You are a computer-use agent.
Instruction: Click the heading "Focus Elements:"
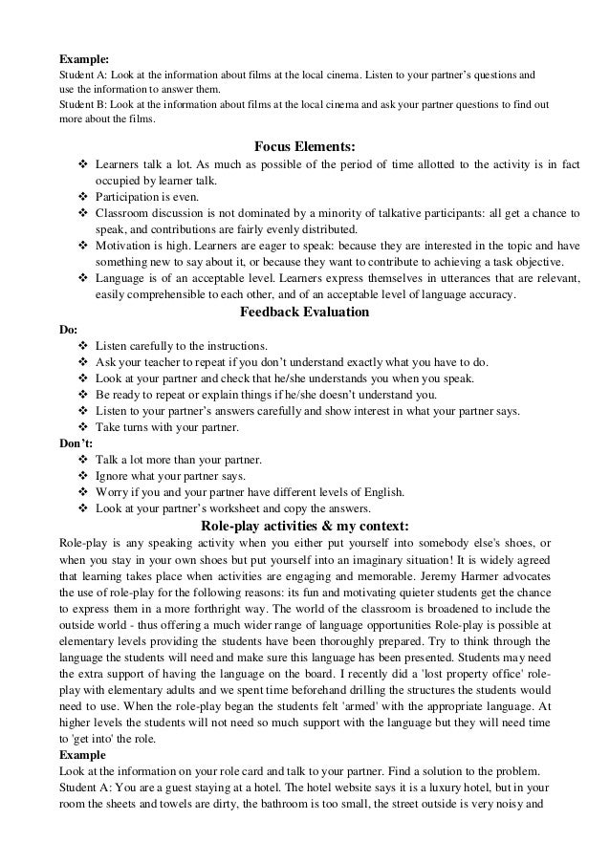305,146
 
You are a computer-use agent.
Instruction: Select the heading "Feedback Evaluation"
305,312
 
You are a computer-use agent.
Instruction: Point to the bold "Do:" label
69,329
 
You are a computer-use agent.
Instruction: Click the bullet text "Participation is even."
147,197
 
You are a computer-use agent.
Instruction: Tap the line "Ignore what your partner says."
171,476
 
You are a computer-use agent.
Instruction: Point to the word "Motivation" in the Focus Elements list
124,246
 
